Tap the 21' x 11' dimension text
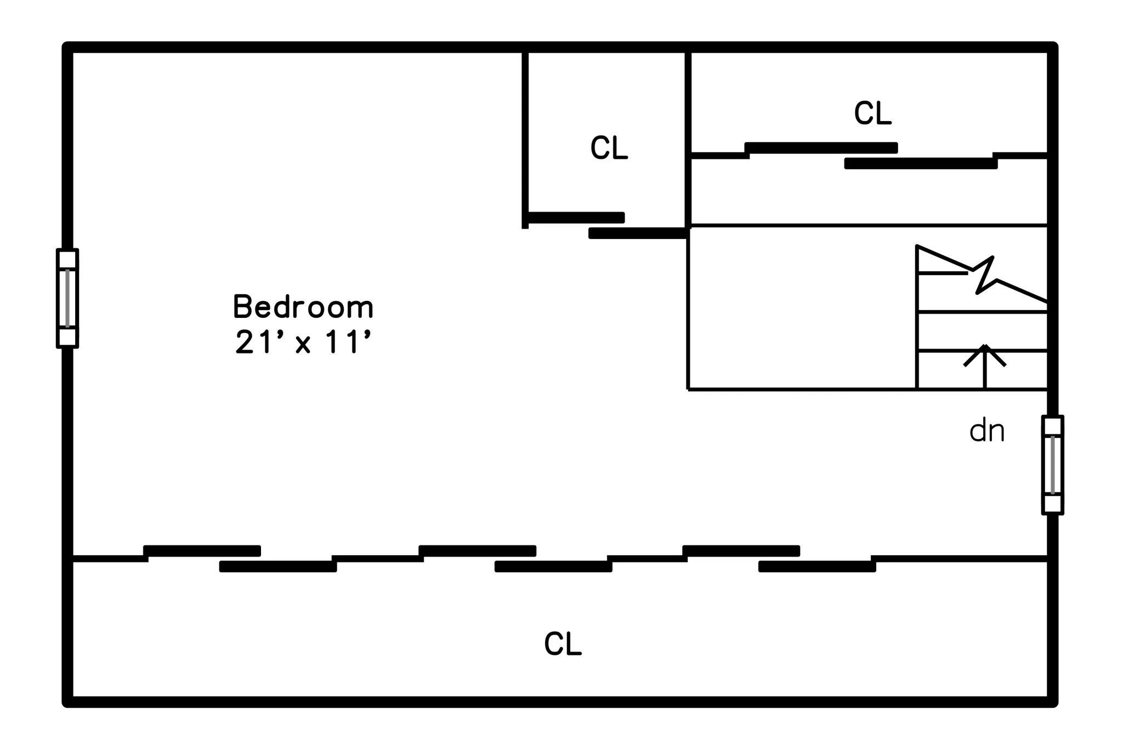tap(303, 342)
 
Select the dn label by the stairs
tap(987, 431)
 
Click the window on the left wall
tap(67, 298)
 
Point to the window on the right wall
tap(1052, 465)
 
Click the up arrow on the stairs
tap(985, 366)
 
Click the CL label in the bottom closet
tap(563, 644)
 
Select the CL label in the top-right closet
tap(872, 113)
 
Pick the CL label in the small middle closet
tap(609, 148)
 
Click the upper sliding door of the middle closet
tap(576, 218)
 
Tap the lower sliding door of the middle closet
tap(638, 233)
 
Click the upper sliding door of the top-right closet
tap(821, 148)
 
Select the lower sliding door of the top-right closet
tap(921, 163)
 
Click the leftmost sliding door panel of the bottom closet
tap(202, 551)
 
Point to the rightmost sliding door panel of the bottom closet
tap(817, 567)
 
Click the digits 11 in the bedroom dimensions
tap(341, 342)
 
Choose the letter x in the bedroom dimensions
tap(303, 345)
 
